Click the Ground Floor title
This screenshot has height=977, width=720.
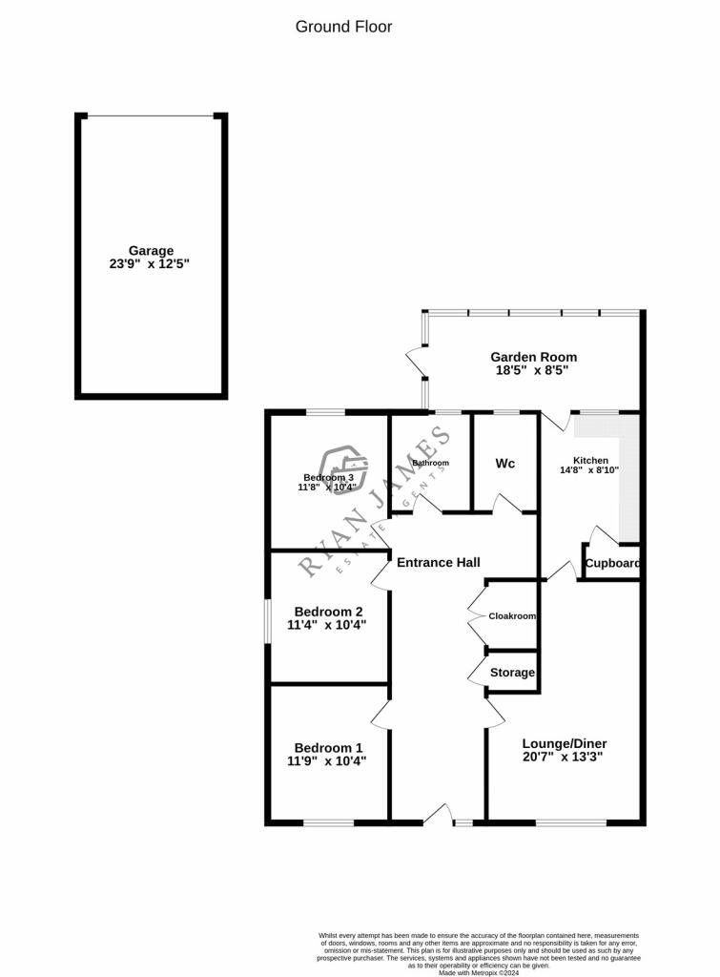[x=343, y=27]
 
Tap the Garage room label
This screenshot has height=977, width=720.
[x=152, y=251]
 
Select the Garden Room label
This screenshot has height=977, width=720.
[x=534, y=357]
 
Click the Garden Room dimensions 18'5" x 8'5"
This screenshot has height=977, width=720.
[x=534, y=371]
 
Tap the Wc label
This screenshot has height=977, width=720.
[x=505, y=463]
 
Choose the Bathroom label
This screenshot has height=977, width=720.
[x=430, y=463]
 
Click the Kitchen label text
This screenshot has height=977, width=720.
[x=590, y=459]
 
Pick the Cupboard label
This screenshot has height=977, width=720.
[x=612, y=563]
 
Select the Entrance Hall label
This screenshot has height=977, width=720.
[x=438, y=563]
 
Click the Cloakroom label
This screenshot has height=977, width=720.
[x=512, y=616]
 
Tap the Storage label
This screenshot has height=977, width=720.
[x=512, y=673]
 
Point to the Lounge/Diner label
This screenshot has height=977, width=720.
[x=565, y=743]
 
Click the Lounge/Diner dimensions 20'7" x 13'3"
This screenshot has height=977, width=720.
[x=565, y=758]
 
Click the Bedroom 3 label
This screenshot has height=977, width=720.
[x=329, y=477]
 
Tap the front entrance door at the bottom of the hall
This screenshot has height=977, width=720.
[x=437, y=814]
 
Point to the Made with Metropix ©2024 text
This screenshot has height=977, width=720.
[x=479, y=972]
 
